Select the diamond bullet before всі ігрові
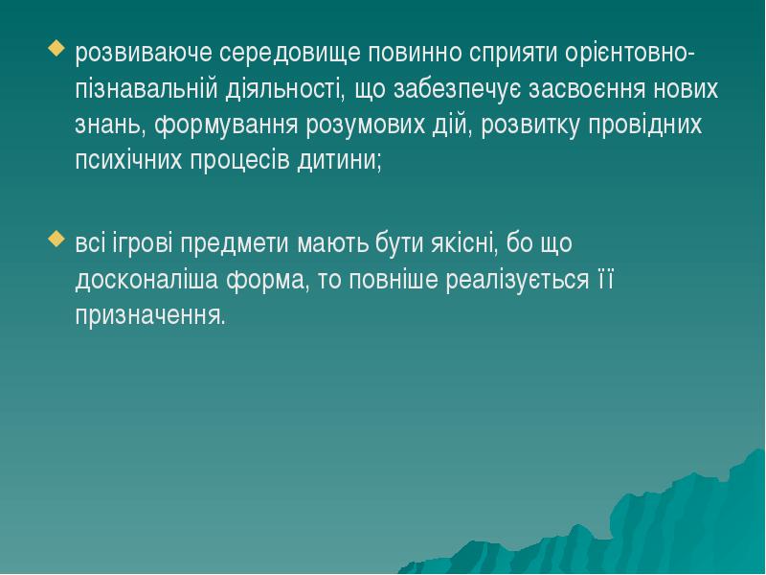[x=55, y=240]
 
